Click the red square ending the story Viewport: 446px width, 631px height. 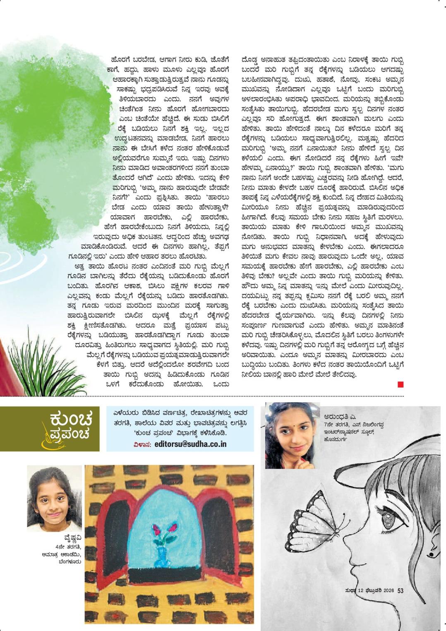click(400, 384)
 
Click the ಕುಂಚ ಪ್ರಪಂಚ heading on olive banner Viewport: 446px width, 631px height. click(71, 427)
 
